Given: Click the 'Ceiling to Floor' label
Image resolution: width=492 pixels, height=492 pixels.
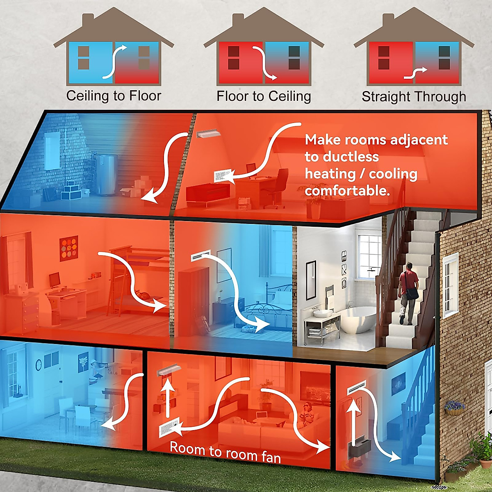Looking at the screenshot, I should [114, 96].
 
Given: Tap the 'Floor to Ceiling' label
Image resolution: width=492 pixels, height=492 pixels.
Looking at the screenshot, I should [264, 96].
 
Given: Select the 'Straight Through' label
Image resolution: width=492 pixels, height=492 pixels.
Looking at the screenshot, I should [414, 97].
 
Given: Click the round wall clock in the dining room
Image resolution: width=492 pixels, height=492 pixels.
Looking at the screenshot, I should [39, 364].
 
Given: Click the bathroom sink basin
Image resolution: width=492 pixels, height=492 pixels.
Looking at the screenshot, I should [323, 313].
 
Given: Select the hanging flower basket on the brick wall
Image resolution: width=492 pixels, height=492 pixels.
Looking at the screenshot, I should [455, 408].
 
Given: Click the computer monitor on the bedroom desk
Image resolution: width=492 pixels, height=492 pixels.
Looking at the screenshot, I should [55, 280].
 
